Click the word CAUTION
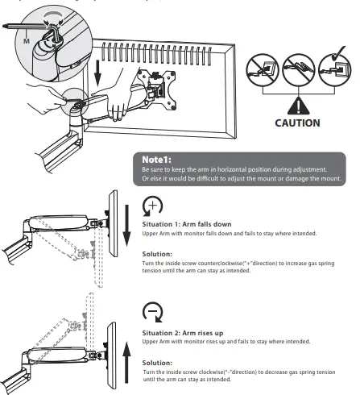point(297,124)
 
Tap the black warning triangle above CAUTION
point(297,105)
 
